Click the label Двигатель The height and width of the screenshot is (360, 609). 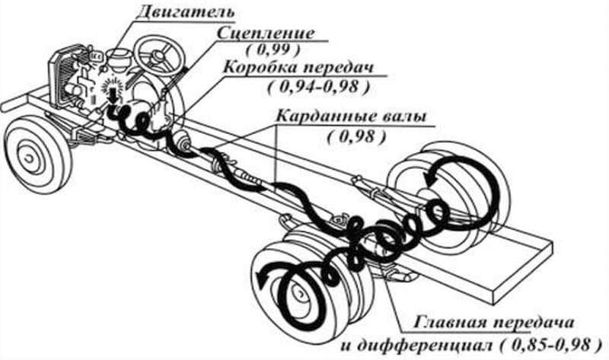click(x=186, y=12)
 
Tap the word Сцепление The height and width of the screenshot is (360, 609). click(x=266, y=33)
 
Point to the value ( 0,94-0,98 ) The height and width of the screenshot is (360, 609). click(x=318, y=87)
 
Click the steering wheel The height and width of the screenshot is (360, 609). click(x=159, y=53)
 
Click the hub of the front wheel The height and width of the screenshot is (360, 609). click(x=29, y=158)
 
